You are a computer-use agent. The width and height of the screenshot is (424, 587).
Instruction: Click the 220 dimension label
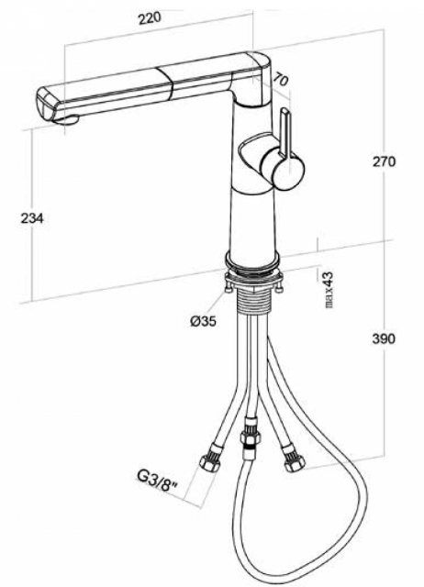[150, 18]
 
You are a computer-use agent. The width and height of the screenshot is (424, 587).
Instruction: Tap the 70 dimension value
[281, 80]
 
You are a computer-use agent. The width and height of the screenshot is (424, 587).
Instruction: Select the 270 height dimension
[384, 161]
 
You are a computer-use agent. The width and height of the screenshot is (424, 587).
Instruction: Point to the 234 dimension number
[32, 218]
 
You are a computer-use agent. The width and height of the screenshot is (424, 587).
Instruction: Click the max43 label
[329, 290]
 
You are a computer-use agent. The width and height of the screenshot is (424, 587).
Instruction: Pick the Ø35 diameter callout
[203, 321]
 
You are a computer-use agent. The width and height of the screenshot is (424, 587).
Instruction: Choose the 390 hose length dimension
[384, 338]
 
